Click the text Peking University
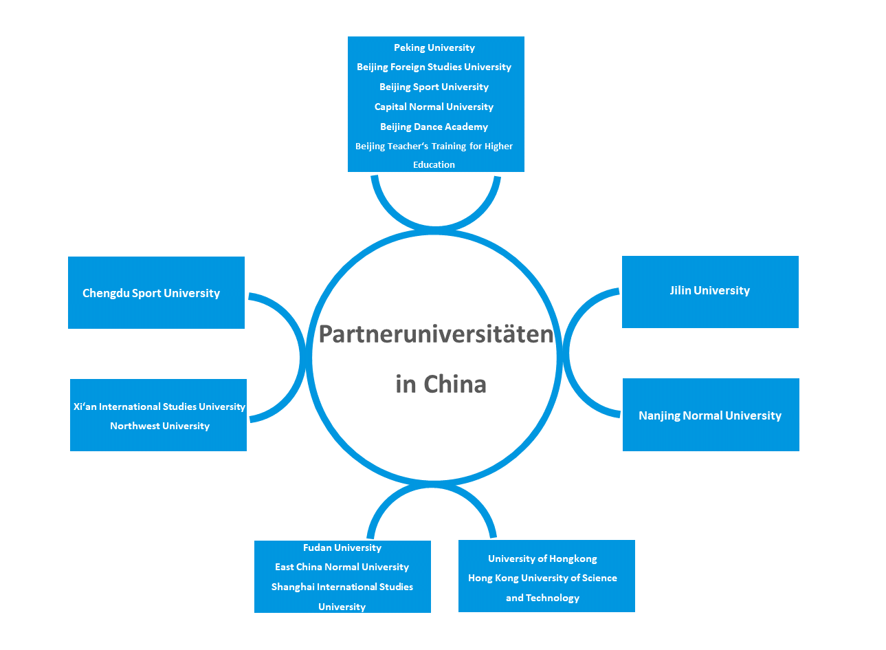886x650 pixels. pyautogui.click(x=434, y=47)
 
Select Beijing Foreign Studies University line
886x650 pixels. pyautogui.click(x=434, y=67)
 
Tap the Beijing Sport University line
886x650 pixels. pyautogui.click(x=434, y=87)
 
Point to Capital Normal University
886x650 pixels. pyautogui.click(x=434, y=107)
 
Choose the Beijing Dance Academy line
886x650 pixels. pyautogui.click(x=434, y=127)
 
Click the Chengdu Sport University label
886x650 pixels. pyautogui.click(x=151, y=293)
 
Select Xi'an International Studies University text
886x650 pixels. pyautogui.click(x=159, y=407)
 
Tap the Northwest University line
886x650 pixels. pyautogui.click(x=159, y=426)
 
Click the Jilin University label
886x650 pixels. pyautogui.click(x=709, y=290)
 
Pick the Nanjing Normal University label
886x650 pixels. pyautogui.click(x=710, y=415)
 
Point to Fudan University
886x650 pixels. pyautogui.click(x=342, y=548)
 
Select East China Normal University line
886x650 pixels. pyautogui.click(x=342, y=567)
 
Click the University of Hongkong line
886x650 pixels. pyautogui.click(x=542, y=559)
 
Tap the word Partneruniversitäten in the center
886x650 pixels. pyautogui.click(x=436, y=334)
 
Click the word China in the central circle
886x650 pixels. pyautogui.click(x=454, y=384)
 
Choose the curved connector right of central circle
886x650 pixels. pyautogui.click(x=567, y=353)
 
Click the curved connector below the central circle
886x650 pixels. pyautogui.click(x=432, y=490)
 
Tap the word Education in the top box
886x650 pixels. pyautogui.click(x=434, y=164)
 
